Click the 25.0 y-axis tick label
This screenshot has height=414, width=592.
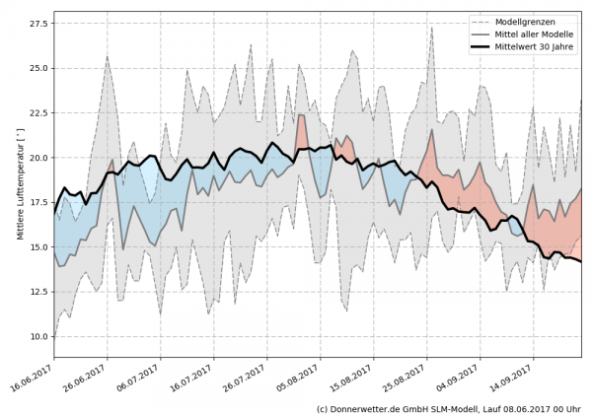(37, 68)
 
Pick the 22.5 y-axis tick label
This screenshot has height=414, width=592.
(37, 113)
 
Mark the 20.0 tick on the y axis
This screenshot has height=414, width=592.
(37, 158)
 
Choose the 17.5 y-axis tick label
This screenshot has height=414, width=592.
(37, 202)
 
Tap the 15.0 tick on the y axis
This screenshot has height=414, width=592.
(37, 247)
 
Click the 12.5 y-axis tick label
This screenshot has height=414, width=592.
(37, 292)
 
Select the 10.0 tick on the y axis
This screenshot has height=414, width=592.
(37, 336)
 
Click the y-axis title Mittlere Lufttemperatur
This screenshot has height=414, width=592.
(19, 183)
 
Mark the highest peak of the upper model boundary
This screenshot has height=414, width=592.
(432, 27)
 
